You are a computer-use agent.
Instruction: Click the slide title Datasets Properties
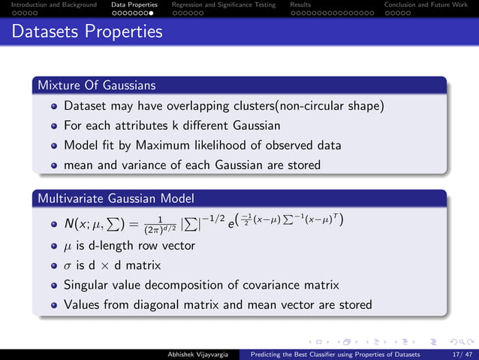(x=87, y=32)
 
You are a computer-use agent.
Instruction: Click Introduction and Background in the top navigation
(x=49, y=5)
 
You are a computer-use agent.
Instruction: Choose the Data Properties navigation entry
(x=134, y=5)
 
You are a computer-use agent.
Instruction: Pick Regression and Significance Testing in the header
(x=223, y=5)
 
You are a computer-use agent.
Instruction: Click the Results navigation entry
(x=300, y=5)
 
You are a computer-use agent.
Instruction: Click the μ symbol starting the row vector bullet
(x=68, y=247)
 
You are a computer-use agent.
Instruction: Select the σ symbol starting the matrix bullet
(x=68, y=265)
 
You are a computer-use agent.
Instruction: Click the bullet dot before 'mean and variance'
(x=54, y=165)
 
